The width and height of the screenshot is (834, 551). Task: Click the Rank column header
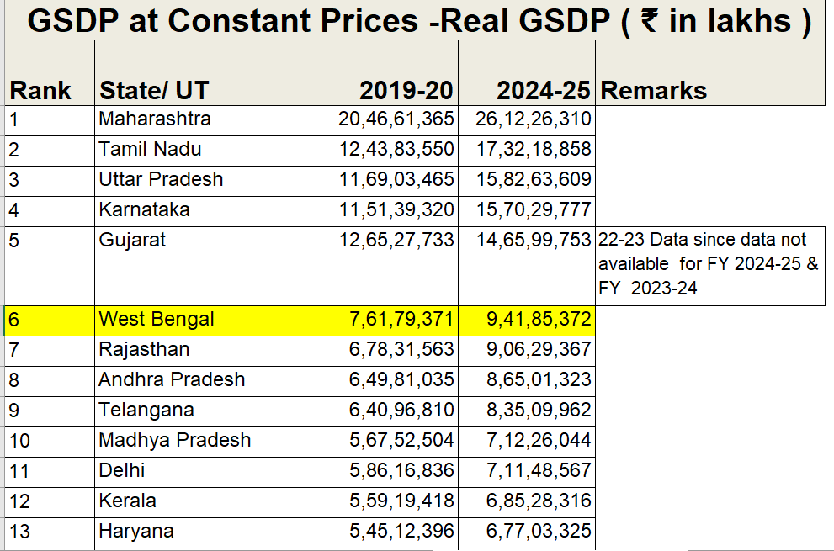tap(40, 90)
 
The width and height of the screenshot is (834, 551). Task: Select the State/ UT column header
tap(154, 90)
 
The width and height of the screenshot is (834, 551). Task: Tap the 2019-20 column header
tap(406, 90)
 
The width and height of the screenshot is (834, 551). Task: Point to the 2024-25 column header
tap(544, 90)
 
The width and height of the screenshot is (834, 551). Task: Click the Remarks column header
tap(653, 90)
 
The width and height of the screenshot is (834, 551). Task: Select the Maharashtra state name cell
tap(155, 119)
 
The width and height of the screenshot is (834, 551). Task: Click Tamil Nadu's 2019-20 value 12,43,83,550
tap(396, 150)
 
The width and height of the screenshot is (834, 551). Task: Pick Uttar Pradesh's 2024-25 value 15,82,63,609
tap(534, 180)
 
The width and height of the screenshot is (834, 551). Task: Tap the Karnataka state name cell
tap(144, 210)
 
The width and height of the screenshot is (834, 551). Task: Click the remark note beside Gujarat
tap(708, 264)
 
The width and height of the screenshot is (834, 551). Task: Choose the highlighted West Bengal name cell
tap(157, 319)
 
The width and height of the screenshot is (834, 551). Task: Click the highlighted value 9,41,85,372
tap(539, 319)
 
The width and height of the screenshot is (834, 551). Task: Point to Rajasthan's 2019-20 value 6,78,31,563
tap(401, 349)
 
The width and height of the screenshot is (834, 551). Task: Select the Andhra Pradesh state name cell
tap(172, 379)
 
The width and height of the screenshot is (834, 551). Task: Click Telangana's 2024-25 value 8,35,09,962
tap(539, 410)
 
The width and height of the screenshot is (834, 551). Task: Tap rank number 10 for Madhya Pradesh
tap(19, 441)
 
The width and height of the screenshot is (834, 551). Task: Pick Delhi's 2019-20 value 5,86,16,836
tap(401, 471)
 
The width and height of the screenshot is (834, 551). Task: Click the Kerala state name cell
tap(127, 501)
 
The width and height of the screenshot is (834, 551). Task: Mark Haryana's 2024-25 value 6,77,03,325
tap(539, 532)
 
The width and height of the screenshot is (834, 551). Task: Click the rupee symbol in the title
tap(650, 21)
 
